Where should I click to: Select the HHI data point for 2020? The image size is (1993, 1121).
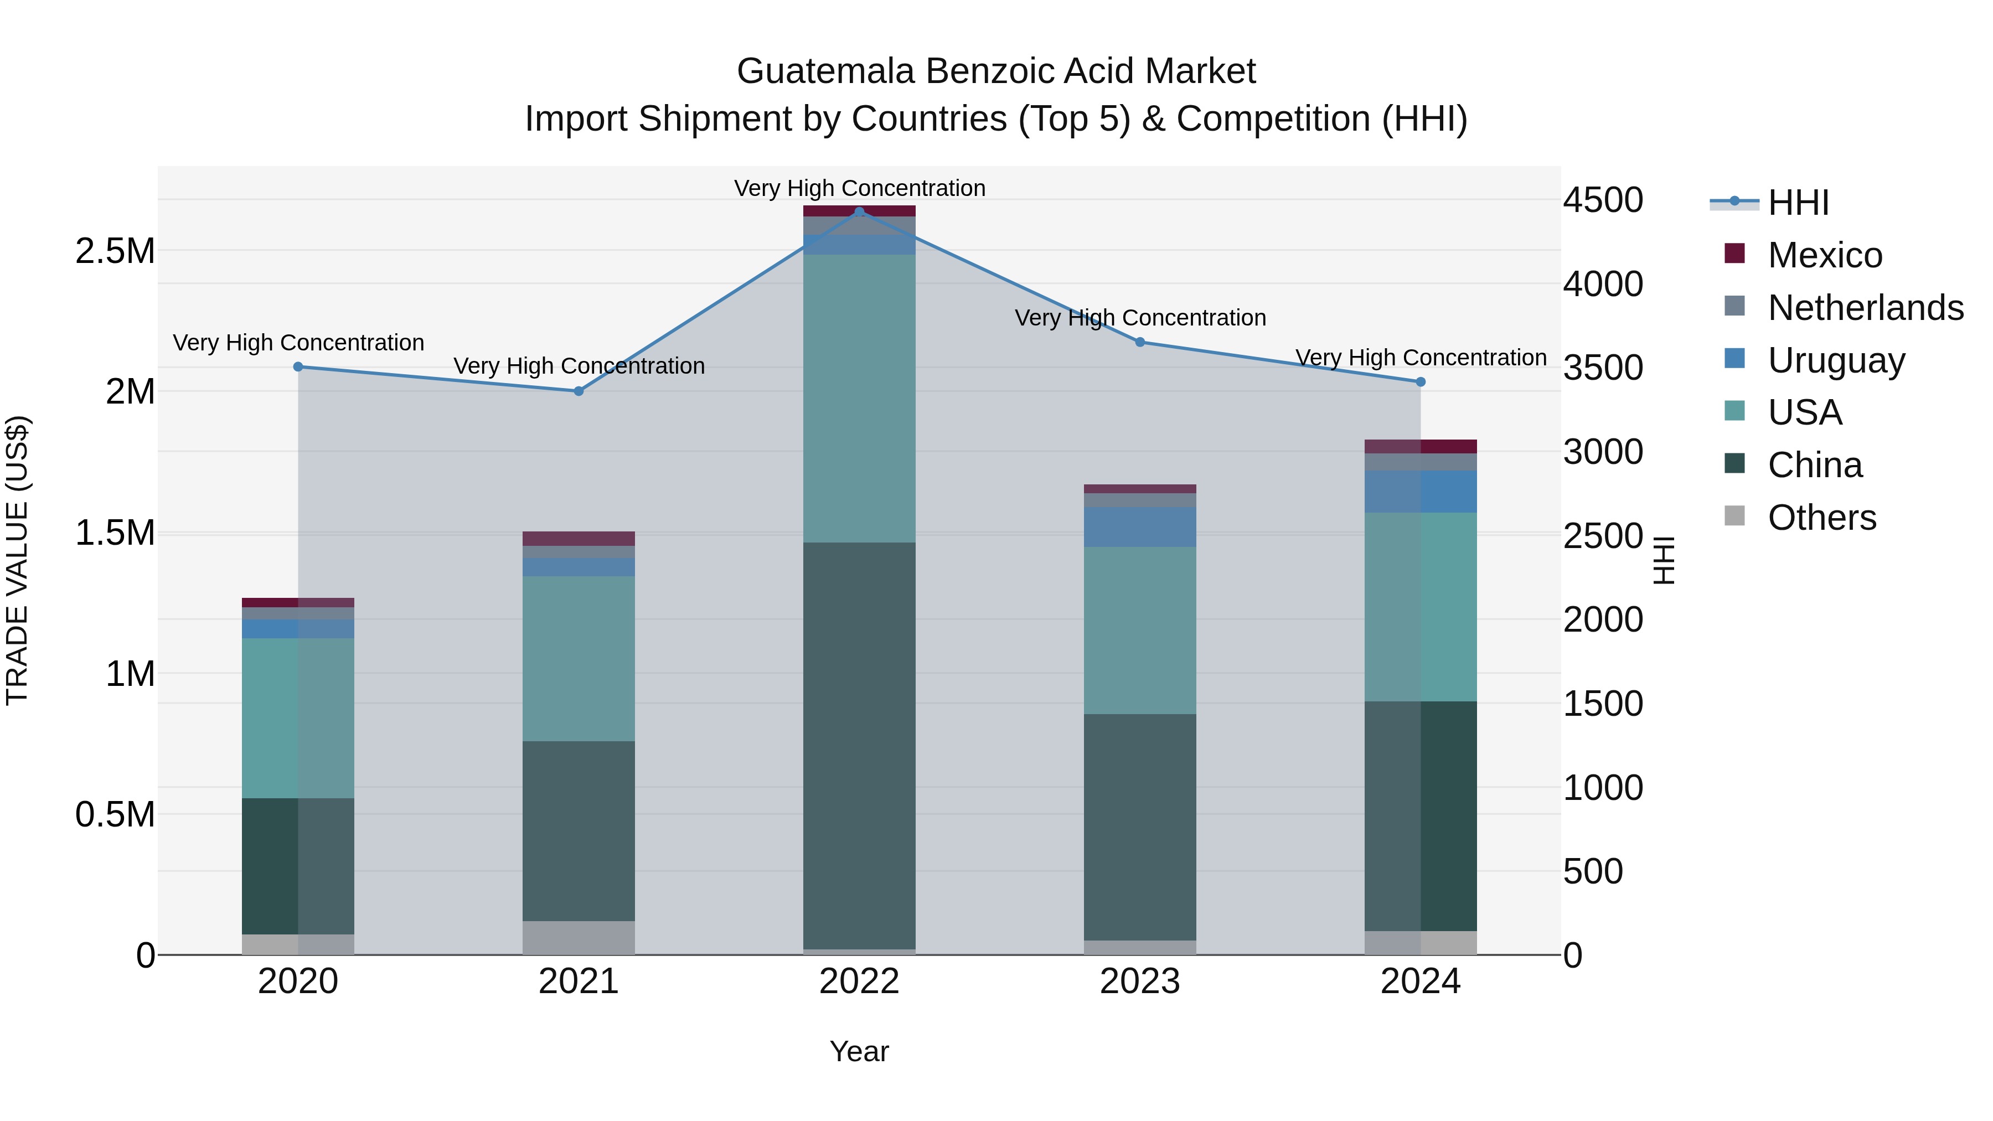click(x=298, y=366)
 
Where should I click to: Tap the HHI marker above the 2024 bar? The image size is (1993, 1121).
click(x=1421, y=382)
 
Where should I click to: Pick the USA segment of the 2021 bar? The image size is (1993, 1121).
click(x=579, y=658)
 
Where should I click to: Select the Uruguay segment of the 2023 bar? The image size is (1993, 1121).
click(x=1140, y=527)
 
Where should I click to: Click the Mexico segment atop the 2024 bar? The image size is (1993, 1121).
click(x=1421, y=446)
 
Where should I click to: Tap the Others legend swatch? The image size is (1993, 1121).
click(x=1736, y=516)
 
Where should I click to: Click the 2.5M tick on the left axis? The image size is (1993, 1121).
click(x=115, y=251)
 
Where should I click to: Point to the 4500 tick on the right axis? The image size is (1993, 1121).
click(x=1603, y=200)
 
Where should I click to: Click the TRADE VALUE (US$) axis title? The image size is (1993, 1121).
click(x=18, y=560)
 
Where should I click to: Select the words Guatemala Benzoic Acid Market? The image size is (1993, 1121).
click(x=996, y=71)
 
